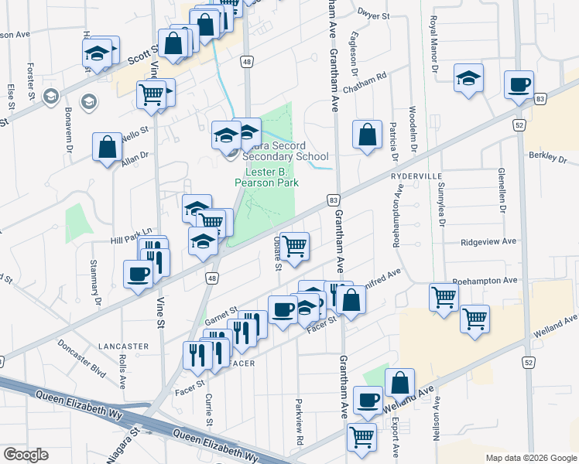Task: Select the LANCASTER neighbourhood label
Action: point(123,346)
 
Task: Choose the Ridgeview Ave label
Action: point(488,241)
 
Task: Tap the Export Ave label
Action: point(395,437)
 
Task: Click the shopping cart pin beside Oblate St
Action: point(294,247)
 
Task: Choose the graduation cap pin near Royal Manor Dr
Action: point(468,78)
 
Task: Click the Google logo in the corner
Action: point(26,455)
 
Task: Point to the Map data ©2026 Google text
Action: point(530,458)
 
